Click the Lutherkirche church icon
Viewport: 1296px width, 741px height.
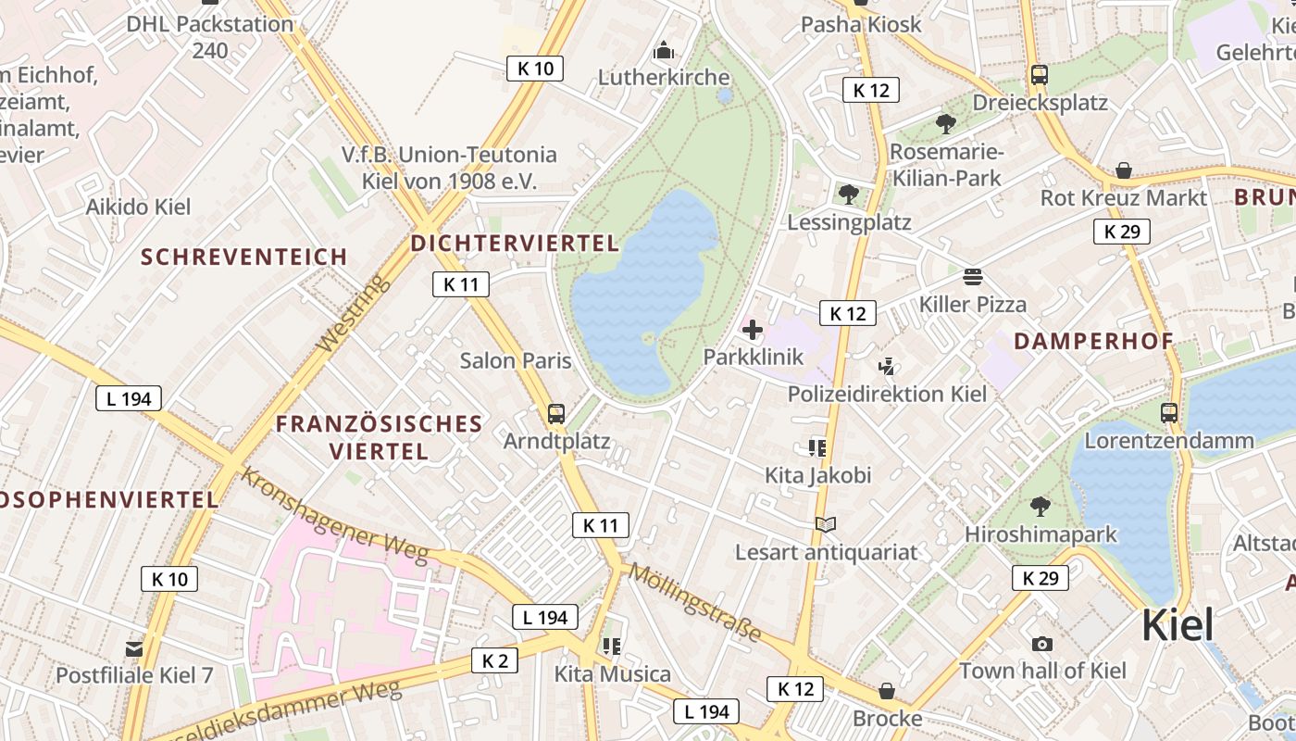tap(664, 51)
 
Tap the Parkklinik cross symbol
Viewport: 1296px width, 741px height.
tap(753, 329)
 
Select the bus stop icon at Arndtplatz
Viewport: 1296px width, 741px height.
tap(556, 413)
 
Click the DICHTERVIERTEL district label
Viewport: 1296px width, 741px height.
tap(515, 244)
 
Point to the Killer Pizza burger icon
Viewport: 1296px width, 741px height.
tap(972, 277)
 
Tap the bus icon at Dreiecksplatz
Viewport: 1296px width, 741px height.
tap(1039, 75)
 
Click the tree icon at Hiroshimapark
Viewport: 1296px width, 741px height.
tap(1040, 507)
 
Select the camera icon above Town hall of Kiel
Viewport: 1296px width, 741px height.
tap(1042, 644)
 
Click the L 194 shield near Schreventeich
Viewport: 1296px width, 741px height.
tap(129, 399)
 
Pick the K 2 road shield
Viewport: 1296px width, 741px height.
tap(494, 660)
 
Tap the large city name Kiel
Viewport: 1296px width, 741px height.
tap(1177, 625)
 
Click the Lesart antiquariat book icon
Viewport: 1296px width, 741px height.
tap(826, 525)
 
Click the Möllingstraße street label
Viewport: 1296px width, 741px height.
tap(694, 603)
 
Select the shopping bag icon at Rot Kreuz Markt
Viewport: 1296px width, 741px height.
tap(1123, 170)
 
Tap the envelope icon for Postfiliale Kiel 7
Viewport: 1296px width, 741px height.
tap(134, 648)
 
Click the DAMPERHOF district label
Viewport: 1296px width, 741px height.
tap(1093, 341)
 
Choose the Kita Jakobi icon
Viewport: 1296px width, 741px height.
tap(816, 448)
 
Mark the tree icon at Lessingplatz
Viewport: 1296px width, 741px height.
tap(848, 195)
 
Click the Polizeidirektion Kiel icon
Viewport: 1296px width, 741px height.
tap(887, 367)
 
